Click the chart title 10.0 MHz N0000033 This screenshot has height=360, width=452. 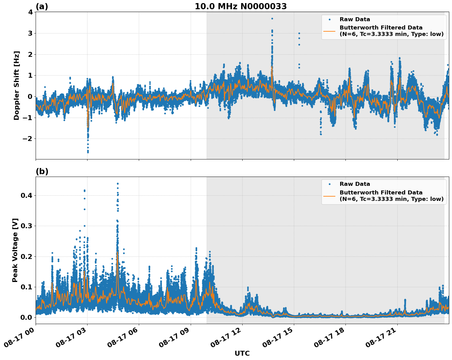coord(241,6)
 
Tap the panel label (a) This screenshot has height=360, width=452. coord(42,6)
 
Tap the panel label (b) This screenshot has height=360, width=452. coord(42,171)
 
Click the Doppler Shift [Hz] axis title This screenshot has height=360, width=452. coord(17,85)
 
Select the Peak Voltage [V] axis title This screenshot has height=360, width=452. coord(15,250)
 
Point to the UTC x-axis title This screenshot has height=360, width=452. coord(242,353)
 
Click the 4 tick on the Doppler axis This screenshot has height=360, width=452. coord(30,12)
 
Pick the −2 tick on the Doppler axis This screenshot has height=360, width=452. coord(28,139)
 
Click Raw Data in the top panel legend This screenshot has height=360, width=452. coord(355,19)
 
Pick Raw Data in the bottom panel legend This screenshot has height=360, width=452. coord(355,184)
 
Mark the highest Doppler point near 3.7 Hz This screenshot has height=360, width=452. coord(272,18)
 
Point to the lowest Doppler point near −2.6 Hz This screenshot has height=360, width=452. coord(88,152)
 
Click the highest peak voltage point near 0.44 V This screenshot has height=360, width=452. coord(118,184)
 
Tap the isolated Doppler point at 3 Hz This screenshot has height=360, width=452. coord(299,33)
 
